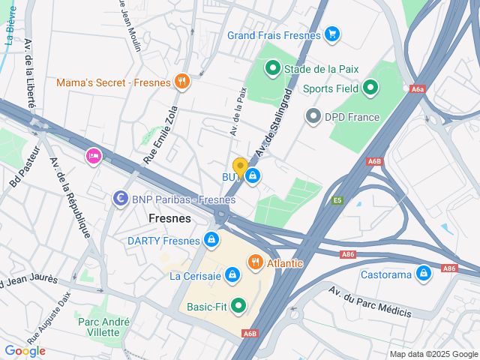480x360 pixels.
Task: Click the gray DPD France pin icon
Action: (313, 117)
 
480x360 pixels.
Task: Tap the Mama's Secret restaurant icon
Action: (181, 82)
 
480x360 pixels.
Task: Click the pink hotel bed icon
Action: (94, 155)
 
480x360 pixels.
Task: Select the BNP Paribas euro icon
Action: (119, 199)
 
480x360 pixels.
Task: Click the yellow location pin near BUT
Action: (240, 167)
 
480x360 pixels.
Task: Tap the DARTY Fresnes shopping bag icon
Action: (212, 240)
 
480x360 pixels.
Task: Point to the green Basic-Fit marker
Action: (238, 305)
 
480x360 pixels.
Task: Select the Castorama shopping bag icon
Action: (424, 274)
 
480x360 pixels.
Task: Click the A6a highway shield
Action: (418, 89)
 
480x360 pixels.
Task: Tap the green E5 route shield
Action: (337, 200)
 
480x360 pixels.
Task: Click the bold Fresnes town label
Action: (169, 218)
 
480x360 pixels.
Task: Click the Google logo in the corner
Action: (25, 350)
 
